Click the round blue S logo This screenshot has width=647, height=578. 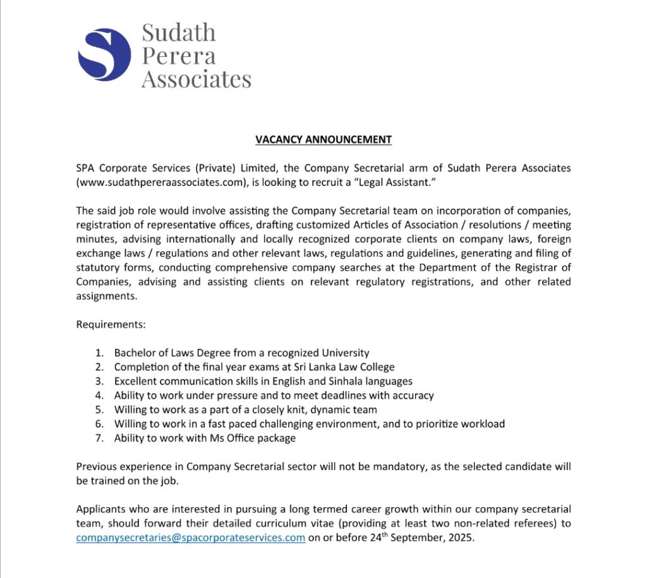click(x=104, y=54)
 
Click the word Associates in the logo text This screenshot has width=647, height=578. click(x=196, y=79)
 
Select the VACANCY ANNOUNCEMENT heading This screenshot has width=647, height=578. click(x=323, y=139)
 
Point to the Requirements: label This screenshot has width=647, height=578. click(x=111, y=324)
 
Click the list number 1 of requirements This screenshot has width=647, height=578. click(x=99, y=353)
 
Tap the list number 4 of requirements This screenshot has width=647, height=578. click(x=99, y=395)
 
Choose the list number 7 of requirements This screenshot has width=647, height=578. click(x=99, y=438)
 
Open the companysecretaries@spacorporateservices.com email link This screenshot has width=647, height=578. click(x=191, y=538)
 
